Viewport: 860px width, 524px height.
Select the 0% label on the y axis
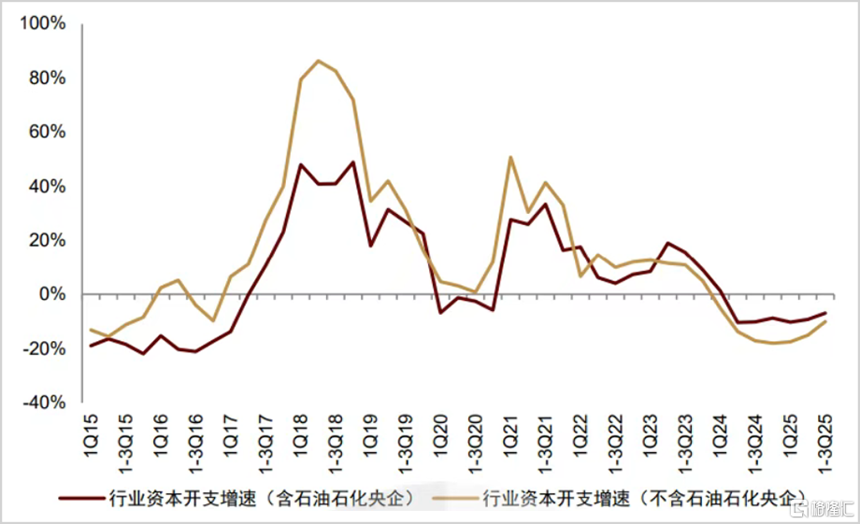(x=52, y=294)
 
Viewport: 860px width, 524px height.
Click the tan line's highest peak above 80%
(x=319, y=61)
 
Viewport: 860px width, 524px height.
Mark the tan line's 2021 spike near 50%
(x=510, y=157)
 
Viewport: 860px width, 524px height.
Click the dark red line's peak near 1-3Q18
(x=353, y=163)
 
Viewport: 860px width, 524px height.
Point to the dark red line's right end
(x=825, y=313)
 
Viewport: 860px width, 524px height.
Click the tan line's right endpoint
(x=825, y=321)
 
